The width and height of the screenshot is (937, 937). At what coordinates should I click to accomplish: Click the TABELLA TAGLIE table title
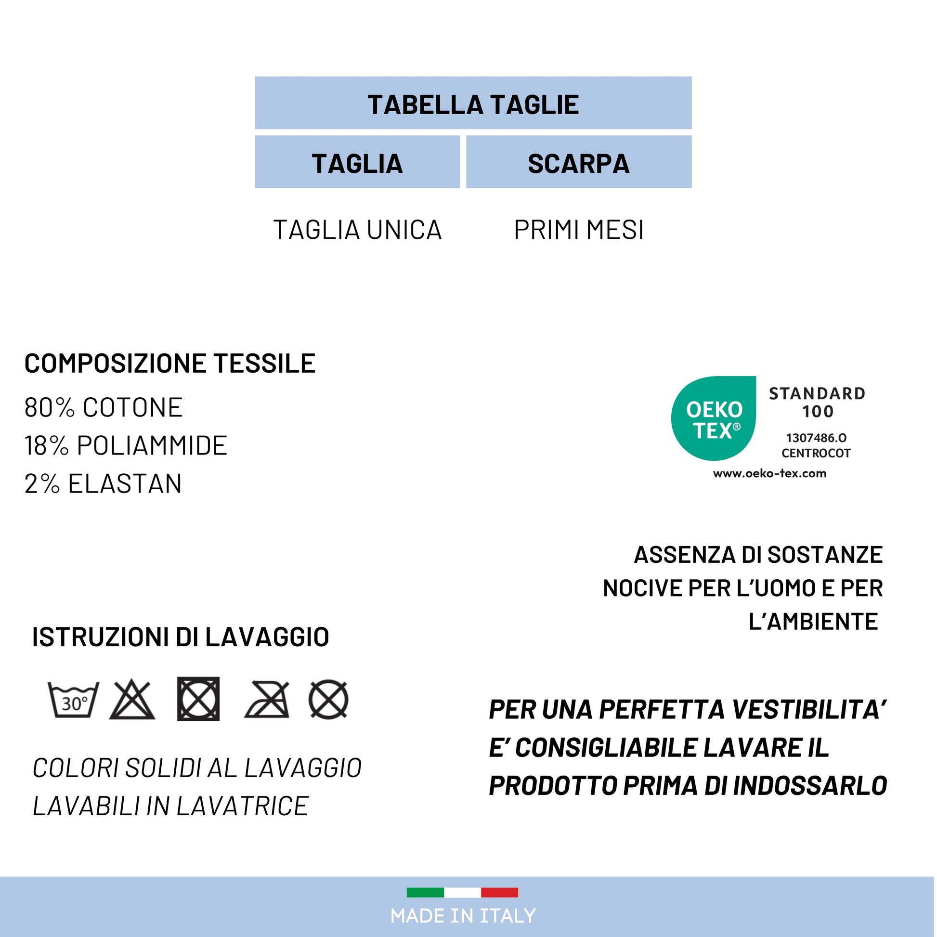pyautogui.click(x=473, y=104)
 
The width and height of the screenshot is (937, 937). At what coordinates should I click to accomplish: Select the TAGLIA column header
pyautogui.click(x=357, y=163)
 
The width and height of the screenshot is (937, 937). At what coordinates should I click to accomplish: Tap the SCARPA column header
pyautogui.click(x=578, y=163)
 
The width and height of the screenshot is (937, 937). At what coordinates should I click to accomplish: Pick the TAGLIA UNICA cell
pyautogui.click(x=357, y=230)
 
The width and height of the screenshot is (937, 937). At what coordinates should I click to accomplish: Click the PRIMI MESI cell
pyautogui.click(x=578, y=230)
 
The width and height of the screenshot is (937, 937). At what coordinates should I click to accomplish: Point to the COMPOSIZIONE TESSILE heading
pyautogui.click(x=170, y=363)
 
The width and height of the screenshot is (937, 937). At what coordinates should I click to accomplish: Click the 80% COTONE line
pyautogui.click(x=104, y=407)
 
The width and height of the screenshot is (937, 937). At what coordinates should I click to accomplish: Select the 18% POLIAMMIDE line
pyautogui.click(x=126, y=445)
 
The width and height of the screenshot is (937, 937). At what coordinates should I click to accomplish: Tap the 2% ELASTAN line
pyautogui.click(x=103, y=483)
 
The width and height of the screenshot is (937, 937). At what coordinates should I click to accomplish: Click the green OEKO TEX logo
pyautogui.click(x=713, y=418)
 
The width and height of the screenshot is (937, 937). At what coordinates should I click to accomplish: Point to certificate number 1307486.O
pyautogui.click(x=816, y=438)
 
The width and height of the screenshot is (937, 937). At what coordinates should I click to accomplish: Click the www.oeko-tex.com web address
pyautogui.click(x=769, y=473)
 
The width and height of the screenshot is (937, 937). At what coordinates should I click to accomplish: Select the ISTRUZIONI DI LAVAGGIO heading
pyautogui.click(x=181, y=637)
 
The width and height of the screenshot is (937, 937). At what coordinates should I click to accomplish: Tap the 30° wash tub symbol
pyautogui.click(x=74, y=700)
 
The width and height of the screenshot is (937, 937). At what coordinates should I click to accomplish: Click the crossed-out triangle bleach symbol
pyautogui.click(x=132, y=700)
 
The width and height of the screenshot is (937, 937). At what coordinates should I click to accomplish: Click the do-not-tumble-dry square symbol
pyautogui.click(x=198, y=699)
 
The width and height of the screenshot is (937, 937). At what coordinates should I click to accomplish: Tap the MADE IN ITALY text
pyautogui.click(x=463, y=916)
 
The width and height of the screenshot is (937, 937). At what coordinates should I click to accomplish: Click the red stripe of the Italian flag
pyautogui.click(x=499, y=892)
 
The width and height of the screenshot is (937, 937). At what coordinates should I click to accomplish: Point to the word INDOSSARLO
pyautogui.click(x=809, y=786)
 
